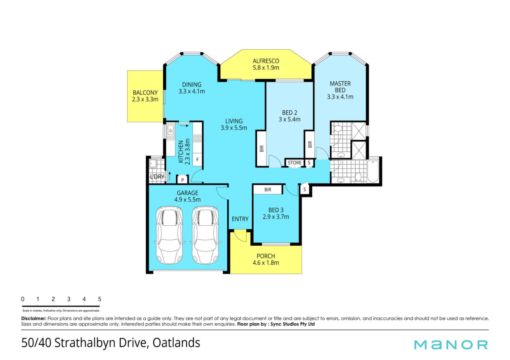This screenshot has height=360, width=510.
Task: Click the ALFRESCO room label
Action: point(266,61)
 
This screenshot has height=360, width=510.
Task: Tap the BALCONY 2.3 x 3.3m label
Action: point(145,96)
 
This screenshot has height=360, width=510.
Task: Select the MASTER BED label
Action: point(340,87)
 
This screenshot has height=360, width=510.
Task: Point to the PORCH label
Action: point(266,256)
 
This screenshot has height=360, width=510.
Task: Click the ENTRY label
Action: point(240,219)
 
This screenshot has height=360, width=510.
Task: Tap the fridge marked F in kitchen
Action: point(197,160)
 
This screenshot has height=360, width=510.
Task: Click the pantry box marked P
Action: point(182,180)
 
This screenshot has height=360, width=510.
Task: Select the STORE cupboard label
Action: point(295,163)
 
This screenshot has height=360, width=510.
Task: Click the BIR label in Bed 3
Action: point(268,190)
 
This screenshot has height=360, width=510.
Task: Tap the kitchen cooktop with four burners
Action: point(197,138)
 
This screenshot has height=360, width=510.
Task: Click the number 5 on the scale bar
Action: point(100,299)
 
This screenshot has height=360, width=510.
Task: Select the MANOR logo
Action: point(451,345)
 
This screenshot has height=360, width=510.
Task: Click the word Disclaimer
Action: point(34,318)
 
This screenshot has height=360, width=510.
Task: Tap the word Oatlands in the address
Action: point(176,343)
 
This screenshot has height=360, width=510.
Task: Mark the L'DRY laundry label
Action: point(157,177)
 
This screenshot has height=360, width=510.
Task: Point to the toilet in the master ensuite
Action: point(338,128)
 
